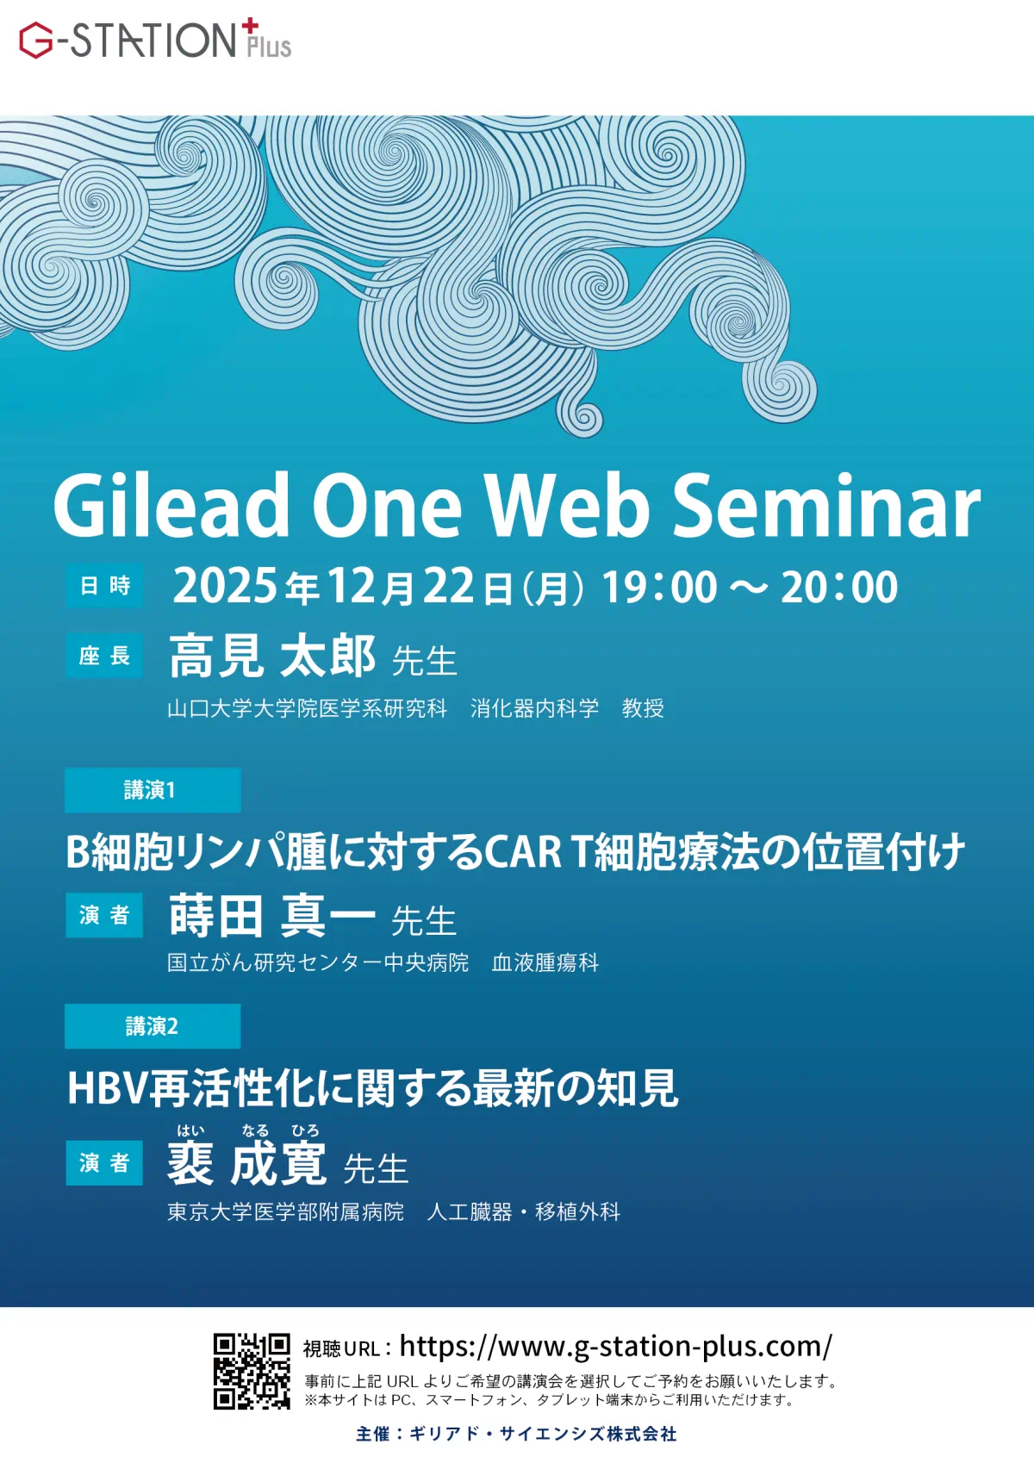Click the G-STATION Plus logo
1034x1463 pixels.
155,40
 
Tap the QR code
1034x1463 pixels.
252,1371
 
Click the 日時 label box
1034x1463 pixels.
104,585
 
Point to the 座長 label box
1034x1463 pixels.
104,655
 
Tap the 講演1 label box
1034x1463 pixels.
153,790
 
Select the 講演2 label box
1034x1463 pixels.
153,1026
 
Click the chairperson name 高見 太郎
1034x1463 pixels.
272,655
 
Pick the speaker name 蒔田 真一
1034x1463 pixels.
272,916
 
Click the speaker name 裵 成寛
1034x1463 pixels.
247,1163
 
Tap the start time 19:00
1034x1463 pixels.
659,586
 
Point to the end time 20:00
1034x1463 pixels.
839,586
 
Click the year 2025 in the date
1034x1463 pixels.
226,585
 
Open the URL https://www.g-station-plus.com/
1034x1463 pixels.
616,1347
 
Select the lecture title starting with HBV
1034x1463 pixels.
372,1089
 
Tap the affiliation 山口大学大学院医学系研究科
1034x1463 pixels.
307,708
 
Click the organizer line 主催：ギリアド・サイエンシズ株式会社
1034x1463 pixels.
516,1435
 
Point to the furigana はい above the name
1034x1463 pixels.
190,1130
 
